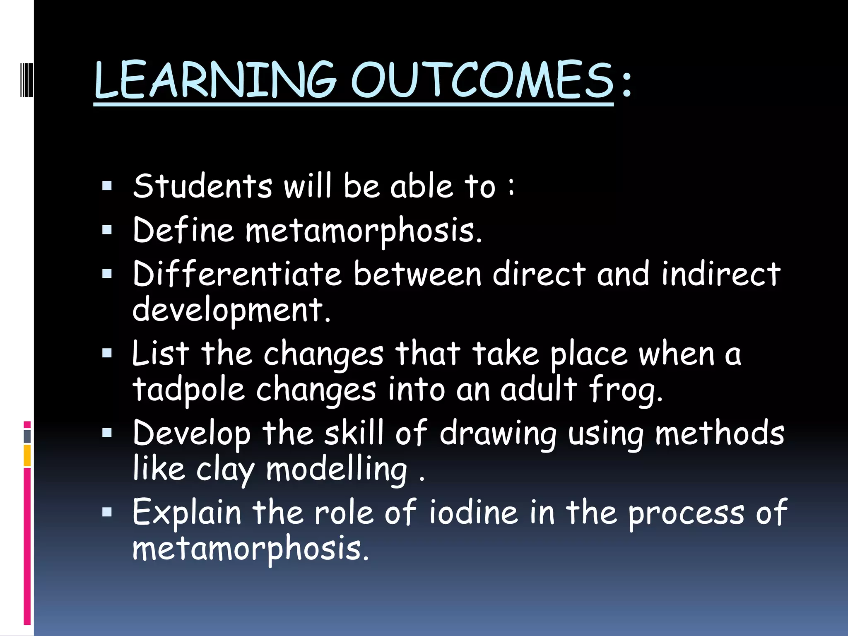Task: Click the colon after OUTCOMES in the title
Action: tap(626, 83)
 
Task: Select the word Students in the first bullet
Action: tap(203, 186)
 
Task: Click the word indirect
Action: tap(721, 274)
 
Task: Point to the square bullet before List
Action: tap(107, 353)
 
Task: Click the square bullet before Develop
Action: tap(107, 433)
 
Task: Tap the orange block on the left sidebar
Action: tap(27, 455)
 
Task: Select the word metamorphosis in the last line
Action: tap(248, 549)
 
